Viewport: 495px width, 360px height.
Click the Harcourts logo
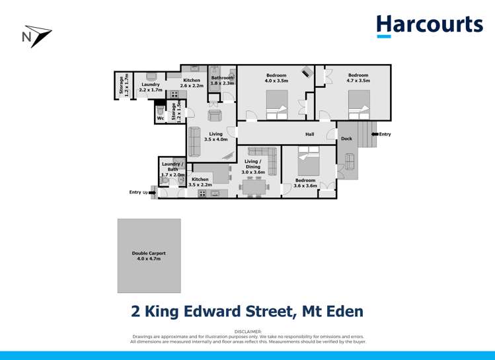click(x=430, y=26)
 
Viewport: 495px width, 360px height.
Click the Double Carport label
click(x=149, y=253)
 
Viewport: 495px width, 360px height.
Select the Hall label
click(x=309, y=134)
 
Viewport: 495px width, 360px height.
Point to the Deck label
click(x=346, y=139)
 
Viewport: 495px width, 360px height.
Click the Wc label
click(x=161, y=118)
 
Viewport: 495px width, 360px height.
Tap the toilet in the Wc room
click(x=161, y=110)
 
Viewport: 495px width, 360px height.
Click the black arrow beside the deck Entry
click(x=375, y=134)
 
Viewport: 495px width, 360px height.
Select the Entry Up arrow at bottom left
click(x=152, y=192)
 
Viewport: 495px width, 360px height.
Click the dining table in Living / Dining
click(x=254, y=188)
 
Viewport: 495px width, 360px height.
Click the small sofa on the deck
click(x=349, y=162)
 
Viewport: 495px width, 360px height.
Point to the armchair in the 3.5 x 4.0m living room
click(x=214, y=116)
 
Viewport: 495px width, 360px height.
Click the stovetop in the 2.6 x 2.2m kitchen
click(x=174, y=95)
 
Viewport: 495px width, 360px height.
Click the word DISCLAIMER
click(x=248, y=331)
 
